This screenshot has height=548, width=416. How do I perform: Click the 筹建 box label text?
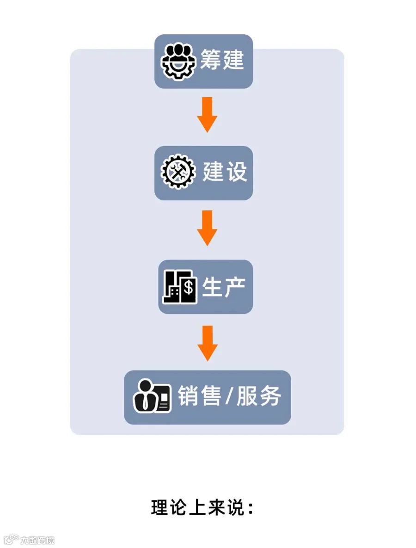[x=221, y=61]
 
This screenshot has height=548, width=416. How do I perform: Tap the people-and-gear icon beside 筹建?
[x=178, y=61]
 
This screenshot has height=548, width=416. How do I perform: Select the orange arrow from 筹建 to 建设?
[x=207, y=114]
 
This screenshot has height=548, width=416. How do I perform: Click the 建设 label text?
[x=225, y=172]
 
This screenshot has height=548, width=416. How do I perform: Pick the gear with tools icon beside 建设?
[x=178, y=173]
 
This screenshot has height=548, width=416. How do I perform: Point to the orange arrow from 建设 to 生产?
[x=207, y=228]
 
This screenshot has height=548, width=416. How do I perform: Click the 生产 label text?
[x=224, y=287]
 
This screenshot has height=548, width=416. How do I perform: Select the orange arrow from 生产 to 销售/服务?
[x=207, y=343]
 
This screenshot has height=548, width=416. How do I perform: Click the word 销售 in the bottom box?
[x=199, y=396]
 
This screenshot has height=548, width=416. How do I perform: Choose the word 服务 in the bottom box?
[x=259, y=396]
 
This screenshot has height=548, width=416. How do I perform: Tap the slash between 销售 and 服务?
[x=229, y=397]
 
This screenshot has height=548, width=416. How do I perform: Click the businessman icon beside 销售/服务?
[x=152, y=397]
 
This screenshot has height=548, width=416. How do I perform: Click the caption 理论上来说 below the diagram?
[x=202, y=507]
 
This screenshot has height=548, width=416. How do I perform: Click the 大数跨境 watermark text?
[x=37, y=540]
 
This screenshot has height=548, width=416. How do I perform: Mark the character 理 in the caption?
[x=159, y=507]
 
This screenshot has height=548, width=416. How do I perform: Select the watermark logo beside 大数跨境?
[x=11, y=540]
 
